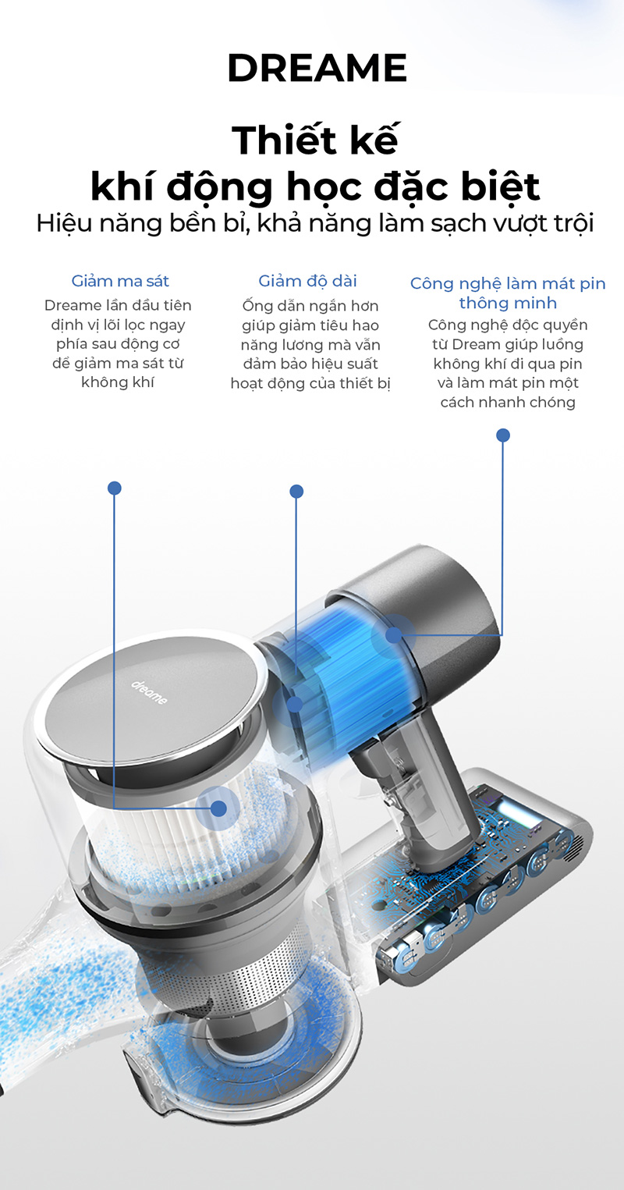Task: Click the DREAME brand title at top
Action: (x=317, y=68)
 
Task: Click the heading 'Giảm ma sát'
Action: (x=120, y=281)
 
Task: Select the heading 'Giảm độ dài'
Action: (x=307, y=280)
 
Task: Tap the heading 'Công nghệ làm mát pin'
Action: (x=508, y=284)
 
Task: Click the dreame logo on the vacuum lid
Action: (x=149, y=691)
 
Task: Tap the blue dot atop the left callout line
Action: (x=114, y=488)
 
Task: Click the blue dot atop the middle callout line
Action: (x=296, y=491)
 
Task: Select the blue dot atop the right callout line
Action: (x=503, y=435)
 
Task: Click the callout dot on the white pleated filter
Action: (x=218, y=808)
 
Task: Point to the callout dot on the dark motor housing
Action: (x=394, y=634)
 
